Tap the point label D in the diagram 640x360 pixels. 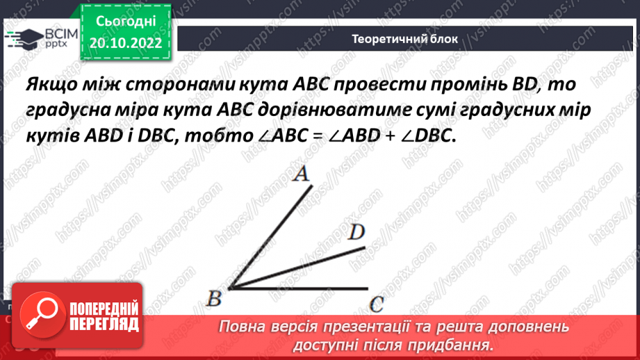pos(356,233)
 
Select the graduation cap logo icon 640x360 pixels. pos(23,38)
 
